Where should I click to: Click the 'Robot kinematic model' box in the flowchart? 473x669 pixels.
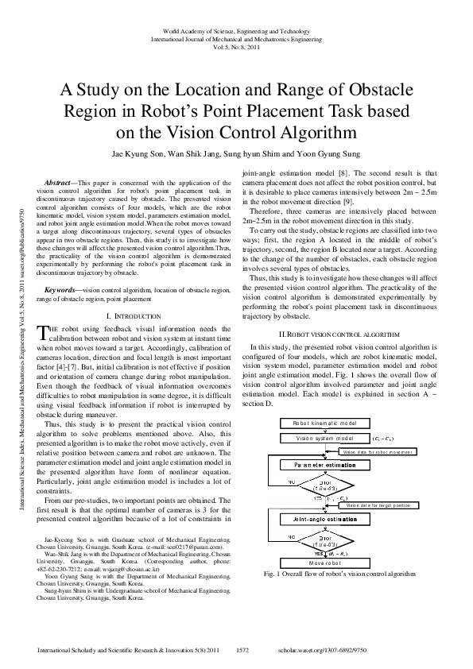(x=325, y=423)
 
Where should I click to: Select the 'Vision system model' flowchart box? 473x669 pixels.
(x=325, y=438)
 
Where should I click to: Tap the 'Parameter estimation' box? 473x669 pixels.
(x=326, y=464)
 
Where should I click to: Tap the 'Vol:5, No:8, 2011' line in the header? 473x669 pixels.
(x=236, y=46)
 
